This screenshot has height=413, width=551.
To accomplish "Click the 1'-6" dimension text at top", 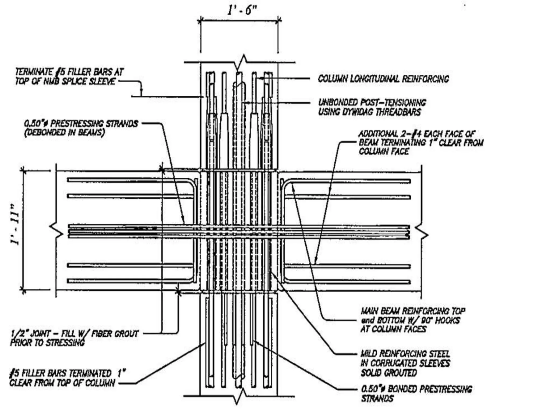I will tap(242, 10).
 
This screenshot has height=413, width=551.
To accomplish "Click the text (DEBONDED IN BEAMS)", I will tap(65, 133).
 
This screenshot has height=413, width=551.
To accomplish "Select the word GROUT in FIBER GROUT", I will tap(126, 334).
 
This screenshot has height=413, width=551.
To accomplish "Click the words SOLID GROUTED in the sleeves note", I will tap(389, 373).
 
